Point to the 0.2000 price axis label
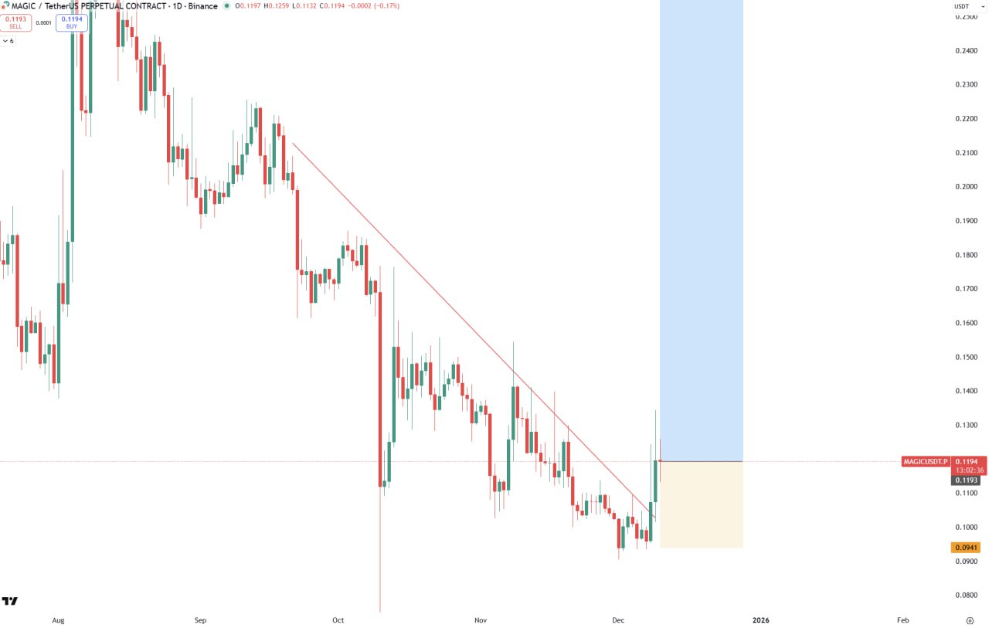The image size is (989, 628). pos(967,187)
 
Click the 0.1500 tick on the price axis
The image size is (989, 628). pos(967,357)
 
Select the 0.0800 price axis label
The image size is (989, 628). pos(967,595)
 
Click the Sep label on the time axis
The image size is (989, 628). pos(201,620)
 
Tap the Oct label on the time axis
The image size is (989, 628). pos(338,620)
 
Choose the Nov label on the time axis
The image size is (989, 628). pos(481,620)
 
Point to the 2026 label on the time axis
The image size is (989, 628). pos(761,620)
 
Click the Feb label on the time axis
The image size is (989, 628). pos(902,620)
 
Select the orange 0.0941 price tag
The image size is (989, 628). pos(967,548)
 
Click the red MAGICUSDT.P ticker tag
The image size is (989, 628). pos(925,462)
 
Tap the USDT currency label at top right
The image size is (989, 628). pos(962,6)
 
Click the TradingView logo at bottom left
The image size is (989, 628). pos(10,601)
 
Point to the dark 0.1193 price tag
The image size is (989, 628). pos(967,480)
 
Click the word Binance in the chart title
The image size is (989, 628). pos(203,6)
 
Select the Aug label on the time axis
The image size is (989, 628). pos(57,620)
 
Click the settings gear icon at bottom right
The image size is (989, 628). pos(970,620)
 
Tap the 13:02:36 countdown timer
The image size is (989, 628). pos(969,470)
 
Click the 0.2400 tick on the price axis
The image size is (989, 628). pos(967,51)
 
